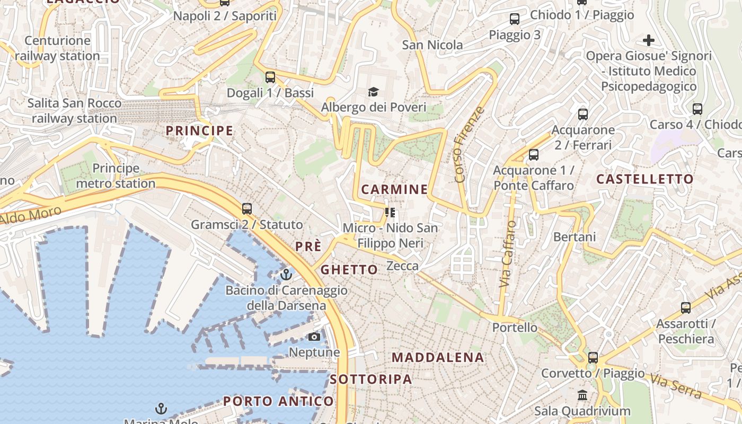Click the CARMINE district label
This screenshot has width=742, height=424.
394,189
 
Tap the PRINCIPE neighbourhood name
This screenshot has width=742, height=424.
199,130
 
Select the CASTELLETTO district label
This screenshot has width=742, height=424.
645,179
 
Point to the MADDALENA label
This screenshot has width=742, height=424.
438,358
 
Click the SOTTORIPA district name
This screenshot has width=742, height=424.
371,379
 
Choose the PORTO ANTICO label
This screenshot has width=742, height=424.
278,401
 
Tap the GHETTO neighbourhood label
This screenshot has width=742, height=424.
349,269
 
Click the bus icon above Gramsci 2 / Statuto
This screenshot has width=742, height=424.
246,209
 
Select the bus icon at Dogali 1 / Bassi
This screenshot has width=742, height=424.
270,77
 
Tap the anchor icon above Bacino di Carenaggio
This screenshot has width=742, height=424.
286,275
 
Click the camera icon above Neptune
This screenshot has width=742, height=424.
314,337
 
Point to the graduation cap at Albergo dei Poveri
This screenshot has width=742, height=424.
373,92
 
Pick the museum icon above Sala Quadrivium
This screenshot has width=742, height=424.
582,395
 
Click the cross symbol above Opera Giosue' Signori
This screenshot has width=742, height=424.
648,40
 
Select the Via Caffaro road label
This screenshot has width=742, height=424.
507,254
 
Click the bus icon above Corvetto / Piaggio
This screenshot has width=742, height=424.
593,358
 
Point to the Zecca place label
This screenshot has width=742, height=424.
403,266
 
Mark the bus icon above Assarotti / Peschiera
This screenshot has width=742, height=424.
686,307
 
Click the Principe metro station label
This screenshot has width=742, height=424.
116,176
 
